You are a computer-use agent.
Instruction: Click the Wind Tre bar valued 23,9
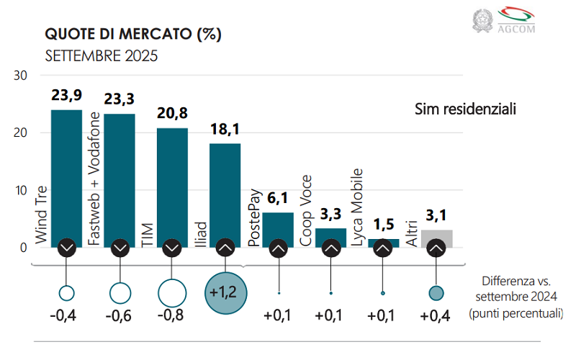pos(67,173)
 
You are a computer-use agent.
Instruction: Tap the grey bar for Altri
pos(436,235)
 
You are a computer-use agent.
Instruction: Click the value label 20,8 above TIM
pos(172,114)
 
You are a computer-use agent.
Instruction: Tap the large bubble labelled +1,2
pos(225,292)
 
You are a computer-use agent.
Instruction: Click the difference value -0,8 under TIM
pos(172,316)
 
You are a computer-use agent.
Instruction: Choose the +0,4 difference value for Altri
pos(436,316)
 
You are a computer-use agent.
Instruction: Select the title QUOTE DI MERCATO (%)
pos(133,34)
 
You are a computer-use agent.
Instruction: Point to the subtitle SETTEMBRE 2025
pos(101,55)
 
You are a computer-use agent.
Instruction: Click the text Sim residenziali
pos(466,109)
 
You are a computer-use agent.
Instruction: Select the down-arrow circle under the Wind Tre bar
pos(67,248)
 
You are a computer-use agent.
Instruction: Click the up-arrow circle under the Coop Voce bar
pos(330,248)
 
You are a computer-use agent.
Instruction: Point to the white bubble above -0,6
pos(120,292)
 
